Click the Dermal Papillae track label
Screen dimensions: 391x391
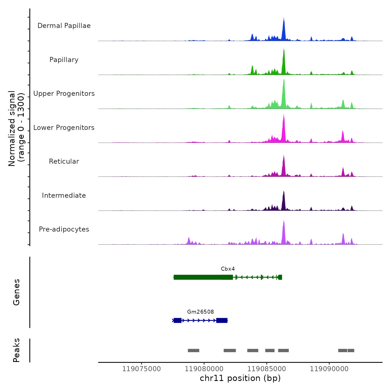(64, 26)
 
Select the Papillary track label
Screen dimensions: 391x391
(64, 60)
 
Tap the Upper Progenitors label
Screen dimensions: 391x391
(64, 94)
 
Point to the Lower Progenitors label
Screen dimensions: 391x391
(64, 128)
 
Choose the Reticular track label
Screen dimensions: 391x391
(64, 161)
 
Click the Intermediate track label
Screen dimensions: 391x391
(64, 195)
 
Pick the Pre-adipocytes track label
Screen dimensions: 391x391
(64, 229)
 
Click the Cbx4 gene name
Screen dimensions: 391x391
(228, 269)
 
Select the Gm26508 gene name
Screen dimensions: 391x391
(201, 312)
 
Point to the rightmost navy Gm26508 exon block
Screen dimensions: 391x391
(222, 320)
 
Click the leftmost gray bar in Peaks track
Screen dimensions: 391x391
(194, 351)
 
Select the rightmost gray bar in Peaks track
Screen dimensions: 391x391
(351, 351)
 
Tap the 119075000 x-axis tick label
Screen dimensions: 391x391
(142, 369)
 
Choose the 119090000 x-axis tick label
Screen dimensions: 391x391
(329, 369)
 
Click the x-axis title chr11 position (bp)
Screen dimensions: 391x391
(240, 378)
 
